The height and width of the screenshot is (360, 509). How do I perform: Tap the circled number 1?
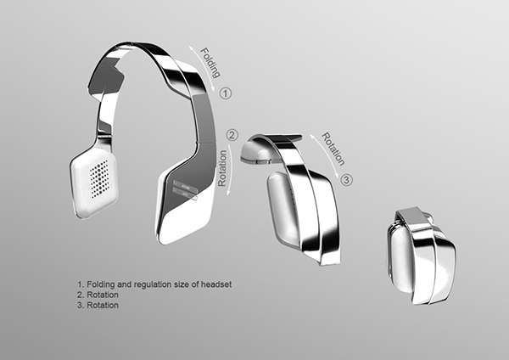(x=226, y=93)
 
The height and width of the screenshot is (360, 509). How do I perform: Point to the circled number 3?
(x=347, y=180)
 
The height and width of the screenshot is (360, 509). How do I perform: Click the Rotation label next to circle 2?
(x=223, y=168)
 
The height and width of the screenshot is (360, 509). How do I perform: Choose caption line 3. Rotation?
(x=98, y=306)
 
